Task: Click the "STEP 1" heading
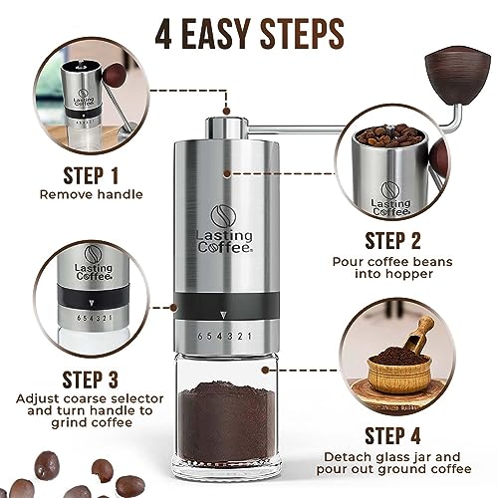(91, 175)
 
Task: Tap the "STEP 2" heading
(392, 241)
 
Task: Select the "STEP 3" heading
(90, 379)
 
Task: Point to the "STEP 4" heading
(392, 435)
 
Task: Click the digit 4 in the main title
(163, 34)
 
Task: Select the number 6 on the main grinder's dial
(200, 336)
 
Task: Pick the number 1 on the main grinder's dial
(250, 336)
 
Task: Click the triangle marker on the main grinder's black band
(224, 315)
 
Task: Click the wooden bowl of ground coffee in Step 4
(398, 371)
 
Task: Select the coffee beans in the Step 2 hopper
(389, 135)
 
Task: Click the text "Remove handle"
(92, 194)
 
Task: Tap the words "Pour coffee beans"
(392, 262)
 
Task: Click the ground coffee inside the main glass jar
(226, 421)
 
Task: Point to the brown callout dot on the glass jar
(265, 370)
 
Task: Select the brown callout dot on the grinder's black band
(173, 308)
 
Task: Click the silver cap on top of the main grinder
(227, 127)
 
